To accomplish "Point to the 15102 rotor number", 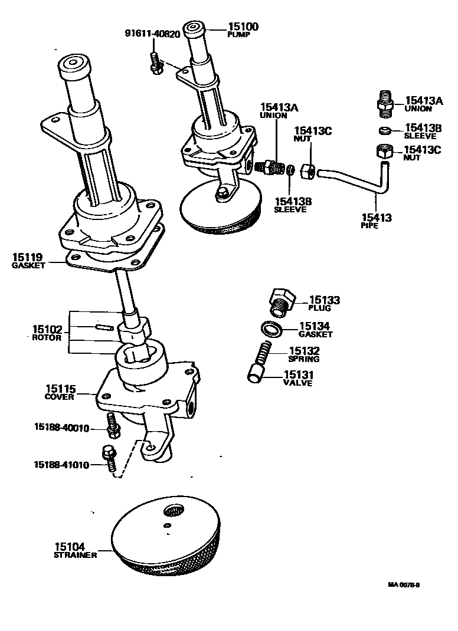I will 47,329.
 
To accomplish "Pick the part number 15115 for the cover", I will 60,389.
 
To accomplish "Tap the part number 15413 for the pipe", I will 377,218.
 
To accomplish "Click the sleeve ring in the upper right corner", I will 384,130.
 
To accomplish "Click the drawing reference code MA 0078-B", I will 404,585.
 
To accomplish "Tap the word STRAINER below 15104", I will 75,555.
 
